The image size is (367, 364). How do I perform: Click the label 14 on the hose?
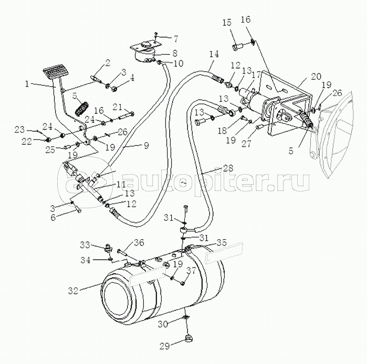coord(213,54)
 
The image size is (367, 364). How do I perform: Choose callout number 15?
coord(226,23)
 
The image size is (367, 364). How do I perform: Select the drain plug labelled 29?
coord(186,338)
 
